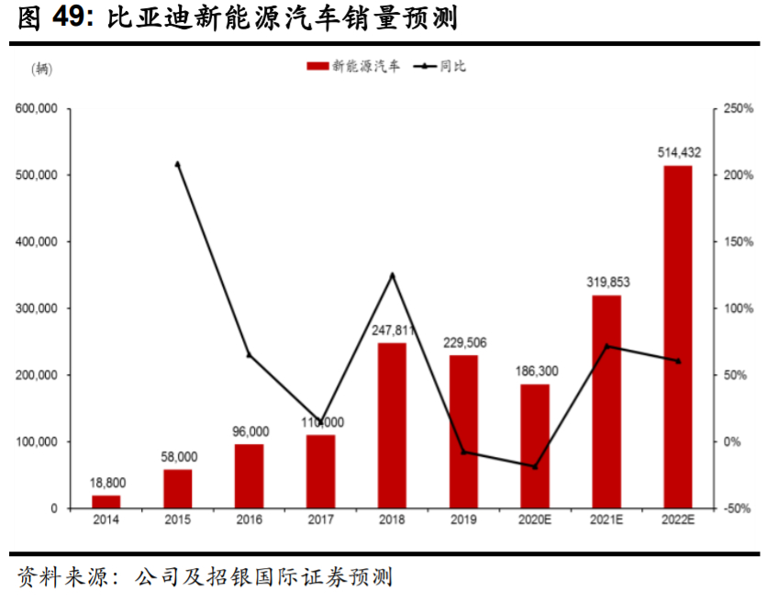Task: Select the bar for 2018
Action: coord(392,425)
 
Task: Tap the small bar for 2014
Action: coord(106,501)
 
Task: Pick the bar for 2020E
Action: coord(535,446)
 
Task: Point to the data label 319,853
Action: coord(607,282)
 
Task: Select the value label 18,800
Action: coord(107,482)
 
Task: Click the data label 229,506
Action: coord(464,342)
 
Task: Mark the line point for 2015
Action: coord(177,164)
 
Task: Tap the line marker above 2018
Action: coord(392,274)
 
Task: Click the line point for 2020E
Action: coord(535,467)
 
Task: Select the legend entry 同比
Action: coord(441,66)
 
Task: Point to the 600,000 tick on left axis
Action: coord(37,108)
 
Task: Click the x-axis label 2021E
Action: coord(606,520)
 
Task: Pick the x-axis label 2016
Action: coord(249,520)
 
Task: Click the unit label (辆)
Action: coord(42,70)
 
